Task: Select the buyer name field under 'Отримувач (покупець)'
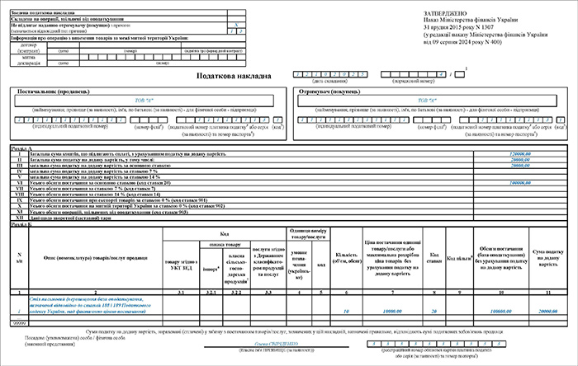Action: pyautogui.click(x=428, y=102)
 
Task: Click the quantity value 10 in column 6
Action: pyautogui.click(x=345, y=311)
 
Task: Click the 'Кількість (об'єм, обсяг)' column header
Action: pyautogui.click(x=345, y=257)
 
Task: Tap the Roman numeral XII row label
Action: pyautogui.click(x=18, y=218)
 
